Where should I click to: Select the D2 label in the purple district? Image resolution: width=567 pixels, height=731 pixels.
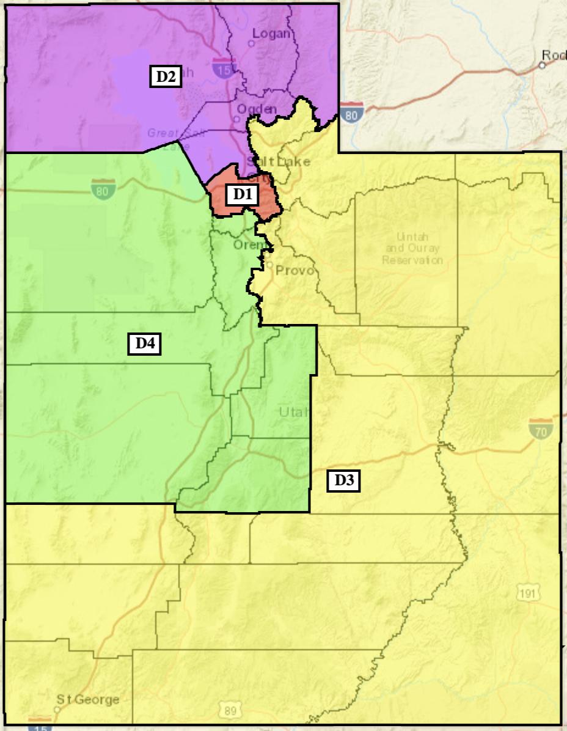point(166,77)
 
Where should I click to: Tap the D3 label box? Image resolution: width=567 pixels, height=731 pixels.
point(344,481)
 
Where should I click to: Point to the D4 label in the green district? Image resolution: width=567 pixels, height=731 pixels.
point(144,344)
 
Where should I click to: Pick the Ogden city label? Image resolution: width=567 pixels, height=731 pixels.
point(257,109)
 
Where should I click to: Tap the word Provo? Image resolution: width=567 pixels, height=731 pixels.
point(294,270)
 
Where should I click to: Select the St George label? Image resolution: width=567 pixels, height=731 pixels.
point(88,699)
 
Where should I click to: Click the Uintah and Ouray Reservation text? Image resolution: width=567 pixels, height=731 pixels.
point(412,248)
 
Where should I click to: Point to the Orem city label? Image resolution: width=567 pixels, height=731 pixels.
point(248,244)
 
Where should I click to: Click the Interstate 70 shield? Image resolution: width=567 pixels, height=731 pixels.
point(541,428)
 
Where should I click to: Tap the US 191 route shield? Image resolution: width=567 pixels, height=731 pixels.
point(527,592)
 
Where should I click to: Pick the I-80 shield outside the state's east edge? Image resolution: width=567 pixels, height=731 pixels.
point(353,113)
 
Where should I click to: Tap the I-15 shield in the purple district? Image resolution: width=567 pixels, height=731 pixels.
point(223,68)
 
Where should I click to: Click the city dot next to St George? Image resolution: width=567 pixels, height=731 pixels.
point(57,710)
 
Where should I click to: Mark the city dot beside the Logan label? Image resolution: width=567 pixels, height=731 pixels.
point(251,44)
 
